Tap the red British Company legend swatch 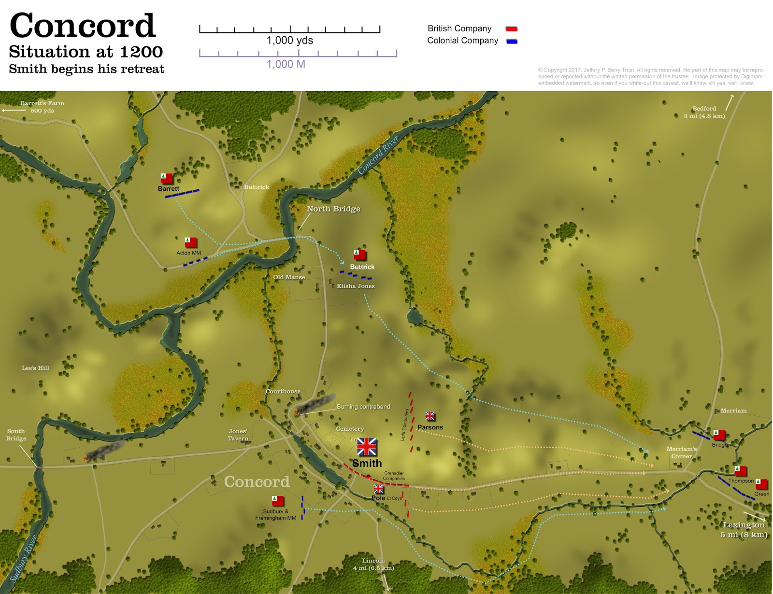[x=511, y=29]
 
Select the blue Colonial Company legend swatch [x=512, y=42]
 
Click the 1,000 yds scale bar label [x=290, y=41]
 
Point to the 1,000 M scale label [x=286, y=64]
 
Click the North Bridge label [x=333, y=209]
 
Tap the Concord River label [x=378, y=155]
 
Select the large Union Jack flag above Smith [x=367, y=447]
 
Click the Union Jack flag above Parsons [x=430, y=416]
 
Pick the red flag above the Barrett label [x=166, y=178]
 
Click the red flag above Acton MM [x=190, y=242]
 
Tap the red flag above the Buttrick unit [x=359, y=255]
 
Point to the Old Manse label [x=289, y=277]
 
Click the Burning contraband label [x=363, y=407]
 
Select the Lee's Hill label [x=35, y=368]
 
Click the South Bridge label [x=16, y=435]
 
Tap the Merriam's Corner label [x=682, y=453]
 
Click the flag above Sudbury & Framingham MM [x=278, y=501]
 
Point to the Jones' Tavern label [x=238, y=435]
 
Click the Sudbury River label [x=23, y=558]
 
